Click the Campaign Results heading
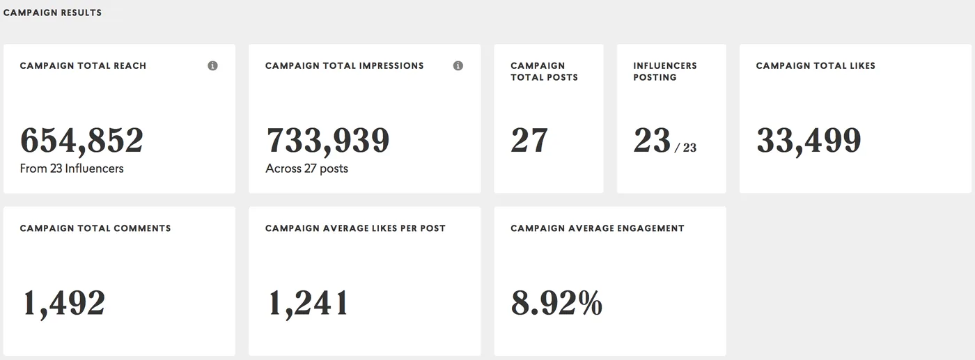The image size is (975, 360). tap(52, 13)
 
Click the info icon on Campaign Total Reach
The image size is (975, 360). tap(212, 65)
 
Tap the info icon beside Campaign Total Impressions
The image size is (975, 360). tap(458, 65)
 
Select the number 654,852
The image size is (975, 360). tap(82, 141)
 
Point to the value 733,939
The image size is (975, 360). tap(328, 141)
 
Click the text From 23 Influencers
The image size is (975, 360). tap(72, 169)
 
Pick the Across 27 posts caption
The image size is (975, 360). tap(307, 169)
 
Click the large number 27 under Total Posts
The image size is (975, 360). tap(529, 140)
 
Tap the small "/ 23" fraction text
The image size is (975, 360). tap(685, 148)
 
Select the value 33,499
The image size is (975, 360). tap(809, 141)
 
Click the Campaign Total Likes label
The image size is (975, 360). tap(816, 65)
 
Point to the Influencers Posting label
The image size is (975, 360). tap(665, 72)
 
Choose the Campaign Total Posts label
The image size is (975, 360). tap(544, 72)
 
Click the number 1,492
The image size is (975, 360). tap(64, 303)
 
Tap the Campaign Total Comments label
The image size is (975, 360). tap(95, 228)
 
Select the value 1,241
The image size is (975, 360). tap(308, 303)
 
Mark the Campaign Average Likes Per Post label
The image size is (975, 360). tap(355, 228)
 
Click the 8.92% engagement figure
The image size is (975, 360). tap(556, 302)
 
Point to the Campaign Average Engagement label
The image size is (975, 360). tap(598, 228)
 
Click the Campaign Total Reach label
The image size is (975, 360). tap(83, 65)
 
